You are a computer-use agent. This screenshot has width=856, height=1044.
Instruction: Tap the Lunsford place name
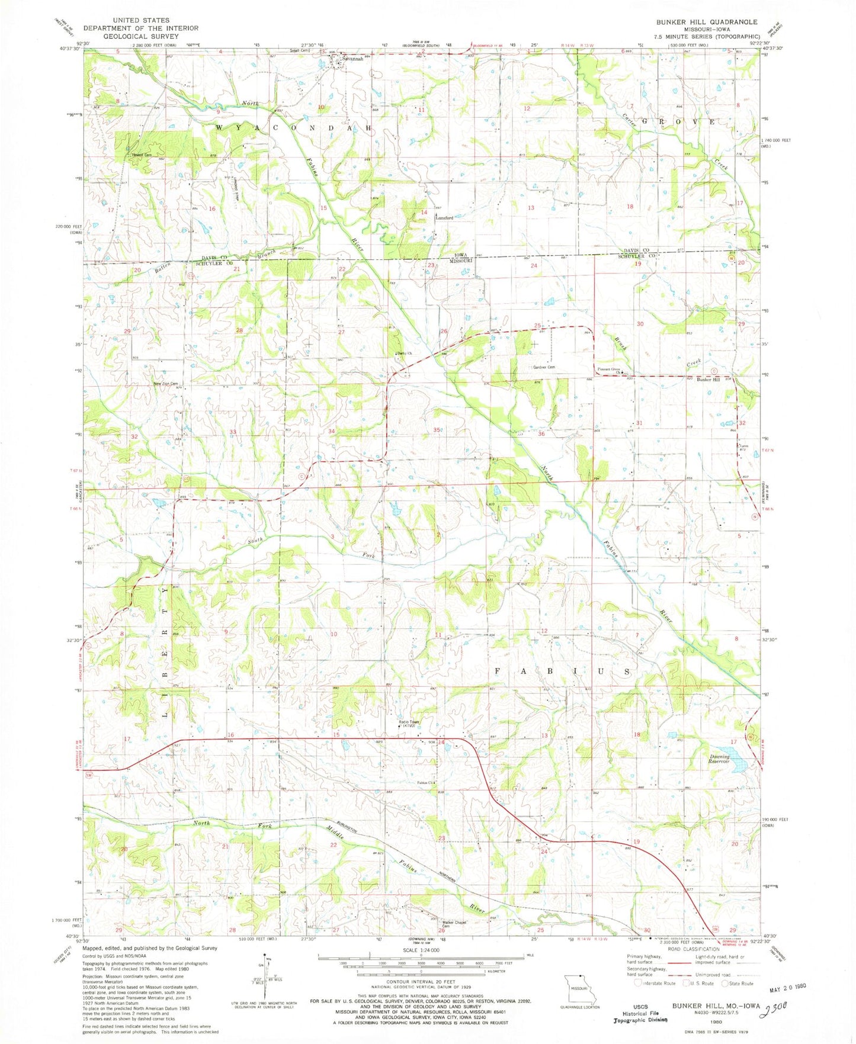444,218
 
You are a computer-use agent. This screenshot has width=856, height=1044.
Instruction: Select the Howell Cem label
142,155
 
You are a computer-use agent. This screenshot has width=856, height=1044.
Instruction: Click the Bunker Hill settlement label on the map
708,380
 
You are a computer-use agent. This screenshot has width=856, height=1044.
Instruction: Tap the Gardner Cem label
544,367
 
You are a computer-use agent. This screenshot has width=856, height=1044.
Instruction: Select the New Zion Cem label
166,384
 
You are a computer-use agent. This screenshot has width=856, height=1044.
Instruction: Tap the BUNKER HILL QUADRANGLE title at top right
706,22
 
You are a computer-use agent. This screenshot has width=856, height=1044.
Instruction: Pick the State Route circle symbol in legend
726,983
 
